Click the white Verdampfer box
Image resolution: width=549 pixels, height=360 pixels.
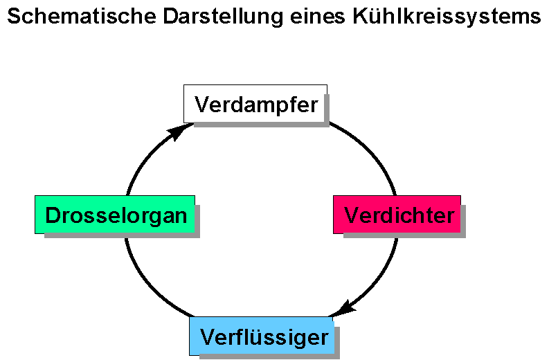point(255,103)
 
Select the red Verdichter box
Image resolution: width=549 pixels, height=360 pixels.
point(397,214)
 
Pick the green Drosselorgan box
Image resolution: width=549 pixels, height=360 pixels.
point(115,214)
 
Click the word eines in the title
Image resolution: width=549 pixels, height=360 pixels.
point(316,17)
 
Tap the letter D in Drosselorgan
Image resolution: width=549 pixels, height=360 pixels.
point(52,215)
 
